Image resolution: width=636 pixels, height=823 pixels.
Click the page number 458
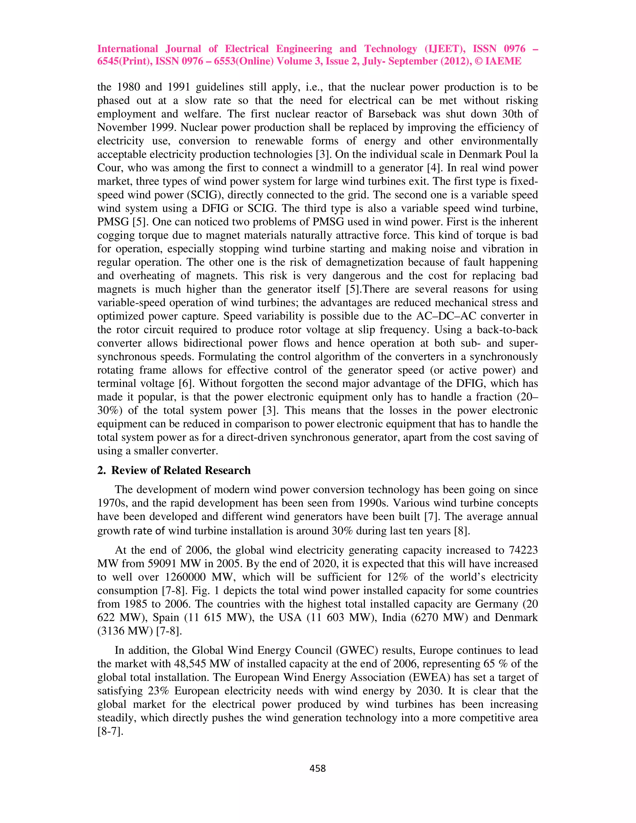coord(317,768)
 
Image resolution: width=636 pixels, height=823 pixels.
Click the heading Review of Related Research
coord(180,470)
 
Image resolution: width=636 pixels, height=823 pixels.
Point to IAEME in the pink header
coord(503,61)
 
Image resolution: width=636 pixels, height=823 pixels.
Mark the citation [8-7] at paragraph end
coord(110,732)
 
